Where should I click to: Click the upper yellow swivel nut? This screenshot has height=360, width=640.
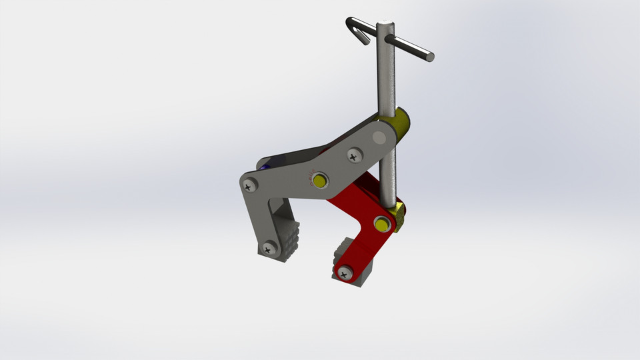pyautogui.click(x=402, y=123)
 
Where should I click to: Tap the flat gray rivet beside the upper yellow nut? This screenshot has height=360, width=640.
pyautogui.click(x=379, y=139)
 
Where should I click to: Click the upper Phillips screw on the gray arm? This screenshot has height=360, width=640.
pyautogui.click(x=353, y=156)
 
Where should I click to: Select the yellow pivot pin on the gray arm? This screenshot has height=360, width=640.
pyautogui.click(x=320, y=181)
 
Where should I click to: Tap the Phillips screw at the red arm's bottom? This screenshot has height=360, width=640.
pyautogui.click(x=345, y=273)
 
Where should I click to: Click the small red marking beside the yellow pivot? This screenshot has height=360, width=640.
pyautogui.click(x=309, y=177)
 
